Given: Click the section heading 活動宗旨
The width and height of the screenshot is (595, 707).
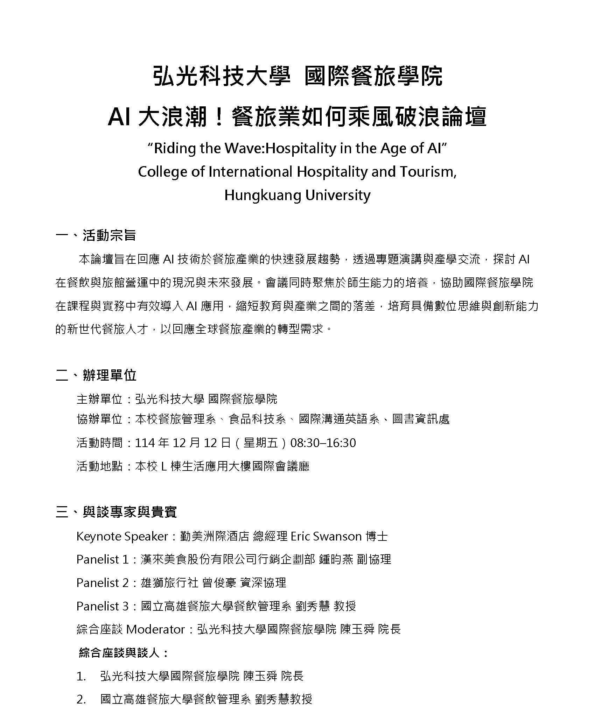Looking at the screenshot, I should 109,235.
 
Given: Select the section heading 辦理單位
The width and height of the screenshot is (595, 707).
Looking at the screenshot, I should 110,375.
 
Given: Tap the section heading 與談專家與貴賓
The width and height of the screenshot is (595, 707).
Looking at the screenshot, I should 130,512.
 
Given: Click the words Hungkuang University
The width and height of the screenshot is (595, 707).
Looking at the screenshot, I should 297,195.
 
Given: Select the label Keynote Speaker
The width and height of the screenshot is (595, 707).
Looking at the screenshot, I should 122,536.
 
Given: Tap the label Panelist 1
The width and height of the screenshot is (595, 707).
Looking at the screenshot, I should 103,559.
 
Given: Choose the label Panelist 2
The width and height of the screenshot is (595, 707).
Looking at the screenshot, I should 103,582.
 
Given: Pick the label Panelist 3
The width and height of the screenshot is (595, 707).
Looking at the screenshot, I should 103,606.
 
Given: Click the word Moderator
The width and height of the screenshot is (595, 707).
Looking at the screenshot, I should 155,629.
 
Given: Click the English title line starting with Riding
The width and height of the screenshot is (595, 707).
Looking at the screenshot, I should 297,148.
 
